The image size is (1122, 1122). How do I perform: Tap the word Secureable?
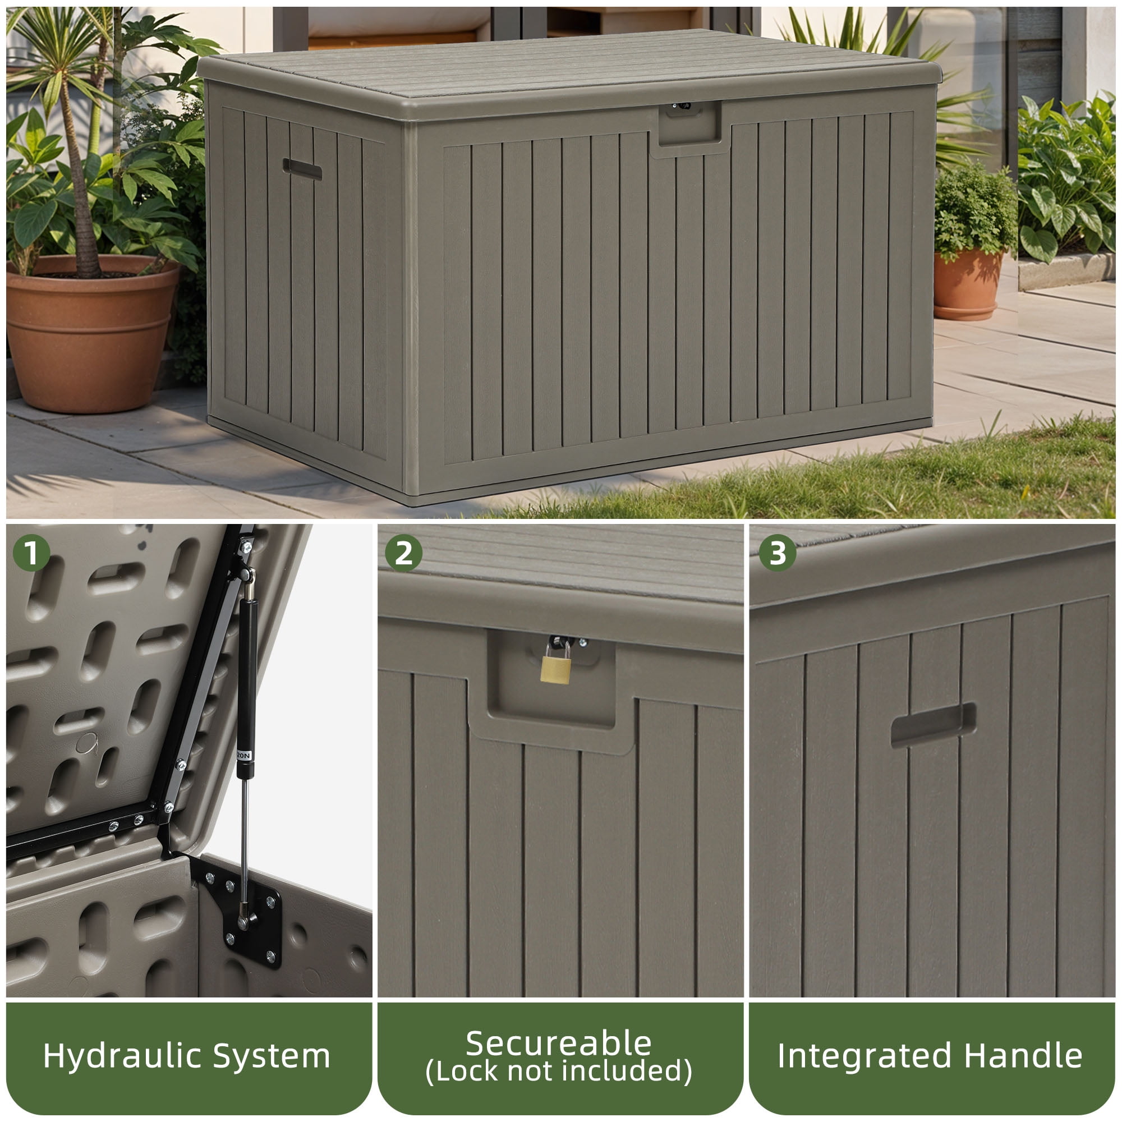pyautogui.click(x=559, y=1043)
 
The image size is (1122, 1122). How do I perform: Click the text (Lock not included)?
pyautogui.click(x=559, y=1072)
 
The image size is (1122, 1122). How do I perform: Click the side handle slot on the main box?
pyautogui.click(x=302, y=169)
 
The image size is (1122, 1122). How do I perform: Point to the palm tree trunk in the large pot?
pyautogui.click(x=81, y=186)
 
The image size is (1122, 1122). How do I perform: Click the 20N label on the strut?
pyautogui.click(x=244, y=756)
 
